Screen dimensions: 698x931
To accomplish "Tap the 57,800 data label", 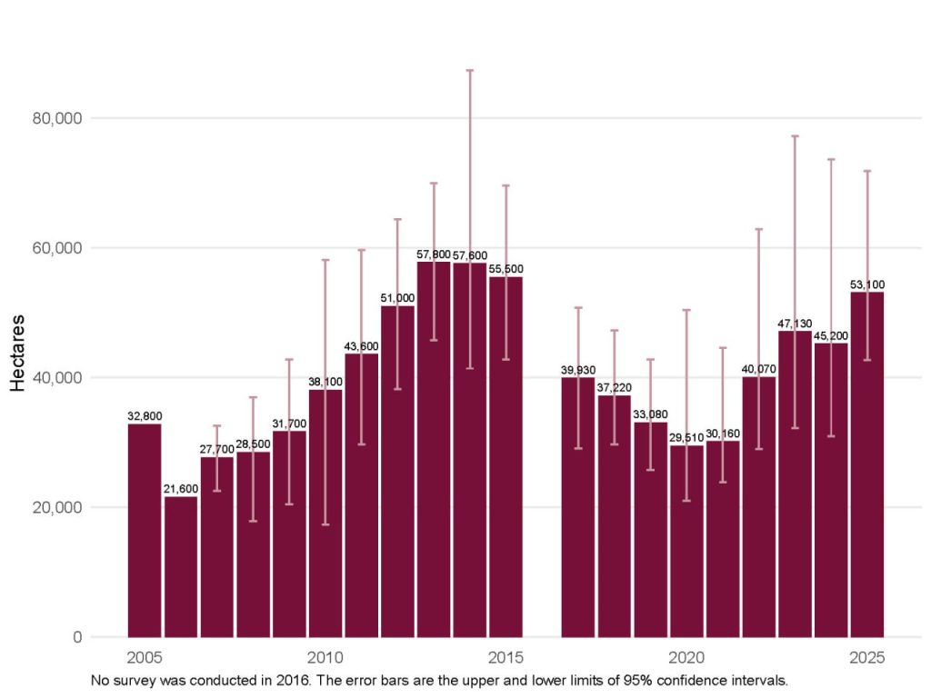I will click(434, 254).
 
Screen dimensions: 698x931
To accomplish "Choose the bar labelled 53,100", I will click(866, 464).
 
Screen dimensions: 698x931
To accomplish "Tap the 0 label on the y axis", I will click(78, 637).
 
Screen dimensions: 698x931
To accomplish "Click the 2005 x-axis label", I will click(145, 657).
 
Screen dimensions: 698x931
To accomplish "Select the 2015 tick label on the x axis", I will click(506, 657).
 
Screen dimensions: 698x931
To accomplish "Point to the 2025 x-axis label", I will click(866, 657).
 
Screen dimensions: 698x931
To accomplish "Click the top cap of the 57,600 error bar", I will click(470, 70).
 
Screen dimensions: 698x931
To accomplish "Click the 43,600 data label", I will click(361, 346).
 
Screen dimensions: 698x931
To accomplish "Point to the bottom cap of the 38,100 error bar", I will click(325, 524).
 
